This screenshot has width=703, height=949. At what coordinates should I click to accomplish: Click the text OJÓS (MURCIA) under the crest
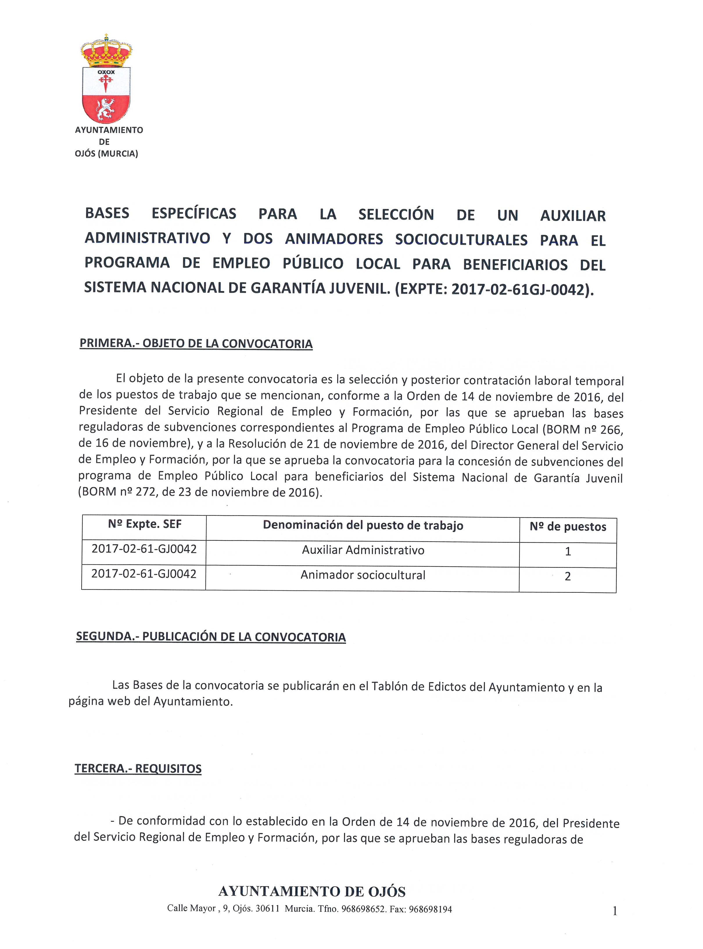(x=106, y=154)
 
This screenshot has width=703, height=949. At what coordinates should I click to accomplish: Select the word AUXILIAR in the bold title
(x=573, y=216)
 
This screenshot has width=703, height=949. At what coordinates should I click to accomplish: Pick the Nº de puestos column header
(x=568, y=527)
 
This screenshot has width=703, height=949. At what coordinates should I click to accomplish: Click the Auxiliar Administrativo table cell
(x=363, y=550)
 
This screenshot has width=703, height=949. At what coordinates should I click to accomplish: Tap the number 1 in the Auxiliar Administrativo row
(x=568, y=552)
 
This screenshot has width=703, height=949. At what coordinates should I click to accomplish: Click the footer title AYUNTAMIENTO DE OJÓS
(x=311, y=891)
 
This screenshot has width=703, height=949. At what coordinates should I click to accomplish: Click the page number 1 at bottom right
(x=614, y=911)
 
